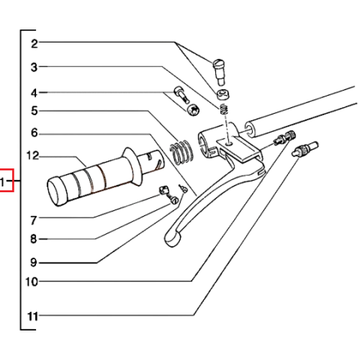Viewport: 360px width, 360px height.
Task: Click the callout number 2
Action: [35, 44]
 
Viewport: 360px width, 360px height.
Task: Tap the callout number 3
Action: [35, 67]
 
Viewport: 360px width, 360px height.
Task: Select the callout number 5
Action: [35, 111]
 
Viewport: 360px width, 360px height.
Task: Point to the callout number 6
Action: [35, 132]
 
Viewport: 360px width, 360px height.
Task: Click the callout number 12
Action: [32, 156]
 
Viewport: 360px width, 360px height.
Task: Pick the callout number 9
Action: [34, 262]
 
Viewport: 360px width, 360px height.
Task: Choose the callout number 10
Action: [32, 282]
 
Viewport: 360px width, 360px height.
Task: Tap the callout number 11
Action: [32, 316]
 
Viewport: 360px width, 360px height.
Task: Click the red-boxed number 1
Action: [2, 182]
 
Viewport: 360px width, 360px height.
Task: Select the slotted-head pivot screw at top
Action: [219, 72]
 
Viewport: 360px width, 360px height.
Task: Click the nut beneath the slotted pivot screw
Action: [224, 94]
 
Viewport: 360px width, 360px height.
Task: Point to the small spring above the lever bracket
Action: [224, 109]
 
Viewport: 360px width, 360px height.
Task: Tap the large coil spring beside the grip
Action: [181, 153]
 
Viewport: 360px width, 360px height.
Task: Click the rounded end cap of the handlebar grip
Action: [57, 192]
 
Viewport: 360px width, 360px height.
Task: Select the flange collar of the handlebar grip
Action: [132, 166]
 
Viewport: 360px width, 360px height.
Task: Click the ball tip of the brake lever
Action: [172, 238]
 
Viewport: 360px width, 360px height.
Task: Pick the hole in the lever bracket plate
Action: [230, 143]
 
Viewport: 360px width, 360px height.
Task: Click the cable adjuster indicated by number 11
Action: [305, 149]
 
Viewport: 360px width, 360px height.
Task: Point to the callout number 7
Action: [34, 220]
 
